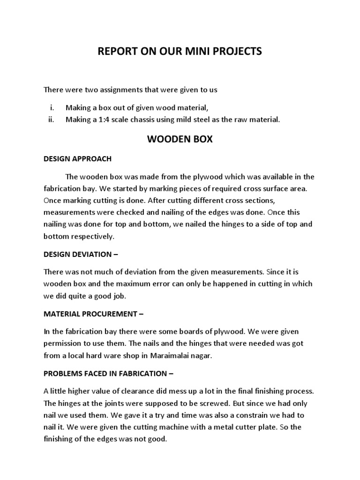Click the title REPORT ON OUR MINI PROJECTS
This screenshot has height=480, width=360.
180,52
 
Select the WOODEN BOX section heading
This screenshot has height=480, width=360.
180,140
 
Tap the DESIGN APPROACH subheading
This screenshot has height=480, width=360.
77,158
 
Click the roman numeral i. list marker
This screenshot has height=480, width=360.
52,108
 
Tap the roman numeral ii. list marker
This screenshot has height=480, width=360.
52,120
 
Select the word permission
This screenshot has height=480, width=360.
65,344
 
